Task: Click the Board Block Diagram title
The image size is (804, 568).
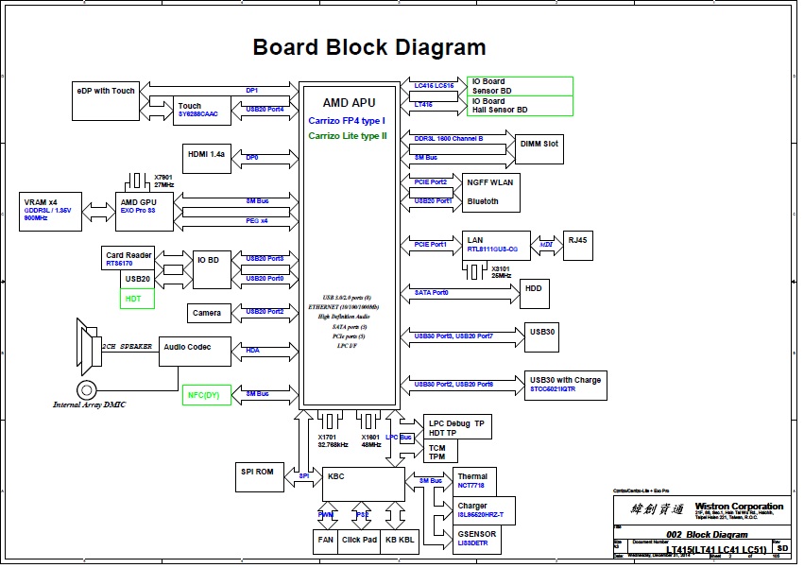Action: tap(369, 47)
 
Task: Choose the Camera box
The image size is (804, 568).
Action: tap(207, 313)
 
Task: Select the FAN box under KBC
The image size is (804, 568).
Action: tap(326, 542)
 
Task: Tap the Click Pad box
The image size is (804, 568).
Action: tap(360, 542)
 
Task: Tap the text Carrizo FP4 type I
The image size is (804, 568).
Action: tap(347, 122)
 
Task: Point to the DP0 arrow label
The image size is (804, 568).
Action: tap(251, 156)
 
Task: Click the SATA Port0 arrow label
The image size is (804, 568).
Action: tap(431, 293)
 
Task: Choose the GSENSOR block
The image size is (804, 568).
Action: tap(478, 539)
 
